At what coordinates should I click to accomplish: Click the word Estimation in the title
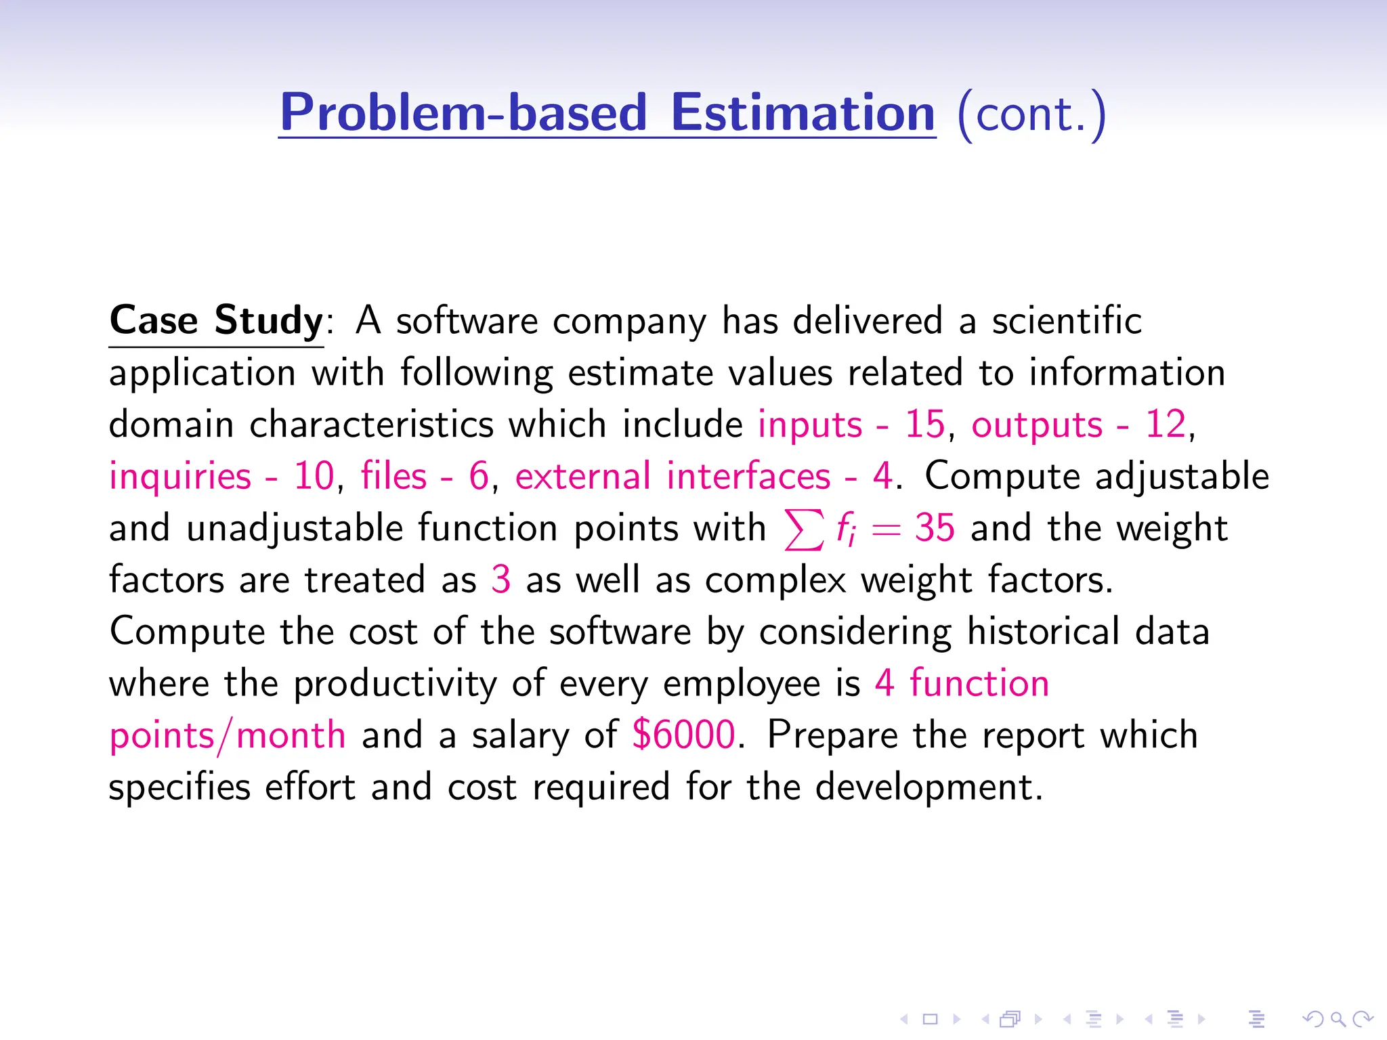pyautogui.click(x=803, y=112)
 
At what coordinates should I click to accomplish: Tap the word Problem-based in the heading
pyautogui.click(x=464, y=112)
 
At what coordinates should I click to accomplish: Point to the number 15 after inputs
pyautogui.click(x=924, y=425)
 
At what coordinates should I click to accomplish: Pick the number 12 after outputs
pyautogui.click(x=1165, y=425)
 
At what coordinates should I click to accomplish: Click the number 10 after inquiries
pyautogui.click(x=314, y=476)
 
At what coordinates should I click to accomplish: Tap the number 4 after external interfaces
pyautogui.click(x=882, y=476)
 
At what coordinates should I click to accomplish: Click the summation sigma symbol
pyautogui.click(x=804, y=529)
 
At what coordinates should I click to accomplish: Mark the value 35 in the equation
pyautogui.click(x=935, y=527)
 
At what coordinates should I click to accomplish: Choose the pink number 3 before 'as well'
pyautogui.click(x=500, y=580)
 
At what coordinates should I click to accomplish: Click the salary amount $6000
pyautogui.click(x=683, y=735)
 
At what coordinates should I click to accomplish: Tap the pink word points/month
pyautogui.click(x=228, y=736)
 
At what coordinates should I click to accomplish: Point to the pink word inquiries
pyautogui.click(x=180, y=476)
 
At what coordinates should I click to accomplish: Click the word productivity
pyautogui.click(x=395, y=684)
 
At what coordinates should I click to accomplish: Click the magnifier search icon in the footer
pyautogui.click(x=1338, y=1018)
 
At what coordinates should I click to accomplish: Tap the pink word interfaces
pyautogui.click(x=748, y=476)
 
